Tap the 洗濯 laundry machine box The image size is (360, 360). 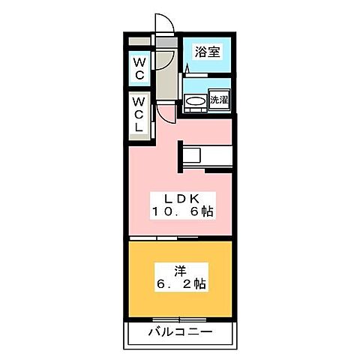point(219,100)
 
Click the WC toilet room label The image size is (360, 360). point(140,69)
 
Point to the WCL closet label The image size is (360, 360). point(140,113)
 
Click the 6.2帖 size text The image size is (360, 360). point(181,286)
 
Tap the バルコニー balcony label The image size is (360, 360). point(180,331)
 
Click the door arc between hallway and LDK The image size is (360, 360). point(166,112)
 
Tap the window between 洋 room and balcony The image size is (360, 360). point(180,317)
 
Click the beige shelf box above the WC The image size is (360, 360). point(140,40)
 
